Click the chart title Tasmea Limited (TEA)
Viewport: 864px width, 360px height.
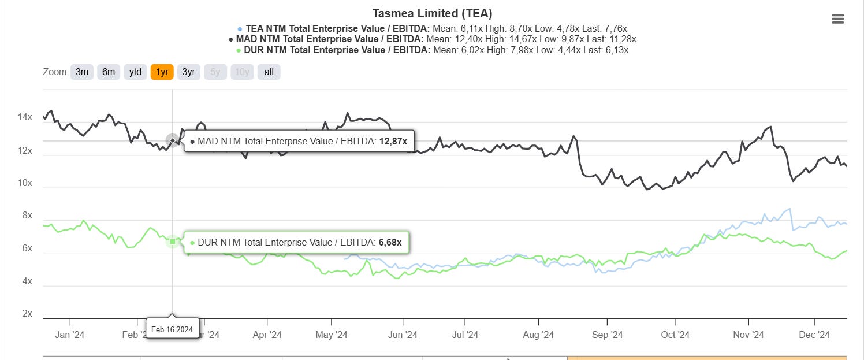click(x=432, y=13)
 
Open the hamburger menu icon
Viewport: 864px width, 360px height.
click(x=837, y=19)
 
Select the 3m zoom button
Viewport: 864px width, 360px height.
click(x=82, y=72)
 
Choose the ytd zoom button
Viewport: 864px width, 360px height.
click(x=135, y=72)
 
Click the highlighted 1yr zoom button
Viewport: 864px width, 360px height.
click(x=162, y=72)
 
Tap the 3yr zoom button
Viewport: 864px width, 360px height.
click(x=188, y=72)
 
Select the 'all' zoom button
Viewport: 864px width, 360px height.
click(x=269, y=72)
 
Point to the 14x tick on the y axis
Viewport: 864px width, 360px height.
click(x=25, y=118)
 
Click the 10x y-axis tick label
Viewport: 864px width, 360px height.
click(x=25, y=183)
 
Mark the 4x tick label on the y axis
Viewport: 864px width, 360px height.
click(x=27, y=281)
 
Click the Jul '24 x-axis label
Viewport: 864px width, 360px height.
click(x=465, y=335)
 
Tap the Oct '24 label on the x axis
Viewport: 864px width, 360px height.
click(x=675, y=335)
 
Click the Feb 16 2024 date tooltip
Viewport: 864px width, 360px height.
click(x=173, y=329)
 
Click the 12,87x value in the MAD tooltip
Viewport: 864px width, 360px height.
click(x=393, y=141)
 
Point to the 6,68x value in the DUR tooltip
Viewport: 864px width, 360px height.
click(x=389, y=242)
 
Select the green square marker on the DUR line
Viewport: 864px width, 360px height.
click(x=173, y=241)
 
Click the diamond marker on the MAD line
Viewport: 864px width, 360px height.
click(x=173, y=140)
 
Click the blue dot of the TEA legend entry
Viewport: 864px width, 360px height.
click(x=240, y=28)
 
